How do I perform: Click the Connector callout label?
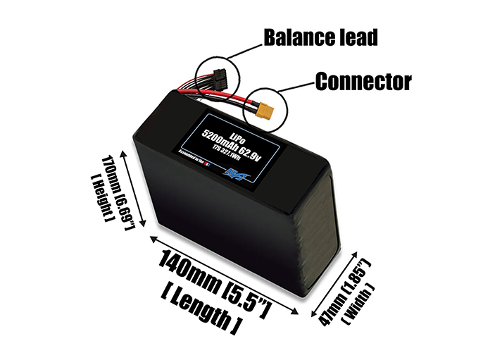363,82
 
